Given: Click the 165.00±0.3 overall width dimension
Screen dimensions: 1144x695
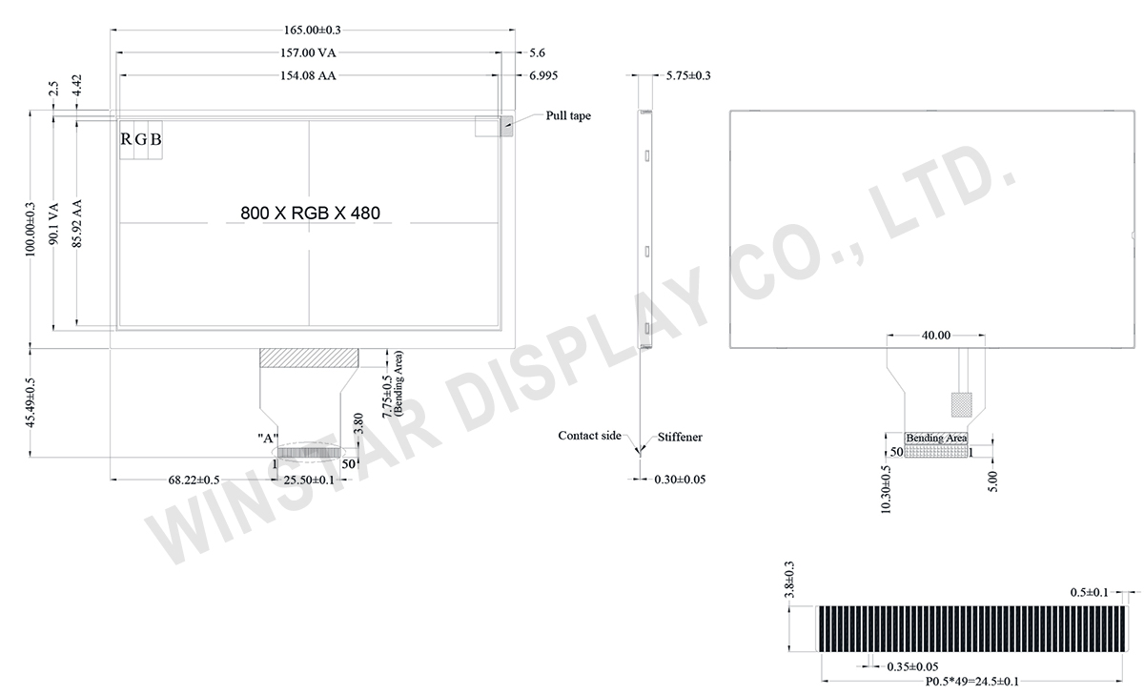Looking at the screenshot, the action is coord(312,31).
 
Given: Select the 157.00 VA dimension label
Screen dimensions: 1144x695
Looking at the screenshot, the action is coord(308,52).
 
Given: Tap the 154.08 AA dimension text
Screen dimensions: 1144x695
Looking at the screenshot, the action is coord(308,75).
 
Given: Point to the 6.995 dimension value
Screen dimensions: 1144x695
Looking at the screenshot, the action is coord(543,75).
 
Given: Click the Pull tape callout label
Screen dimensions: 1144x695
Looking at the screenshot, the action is coord(568,115).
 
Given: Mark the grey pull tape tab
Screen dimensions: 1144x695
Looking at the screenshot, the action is coord(506,126).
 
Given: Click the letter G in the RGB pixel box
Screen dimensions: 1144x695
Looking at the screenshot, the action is coord(141,139).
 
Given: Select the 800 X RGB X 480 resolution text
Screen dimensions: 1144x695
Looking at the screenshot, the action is coord(310,213).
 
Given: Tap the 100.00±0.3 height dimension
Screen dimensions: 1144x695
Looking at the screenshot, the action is coord(31,230).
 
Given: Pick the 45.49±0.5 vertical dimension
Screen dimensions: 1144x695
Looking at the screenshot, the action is coord(31,403).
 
